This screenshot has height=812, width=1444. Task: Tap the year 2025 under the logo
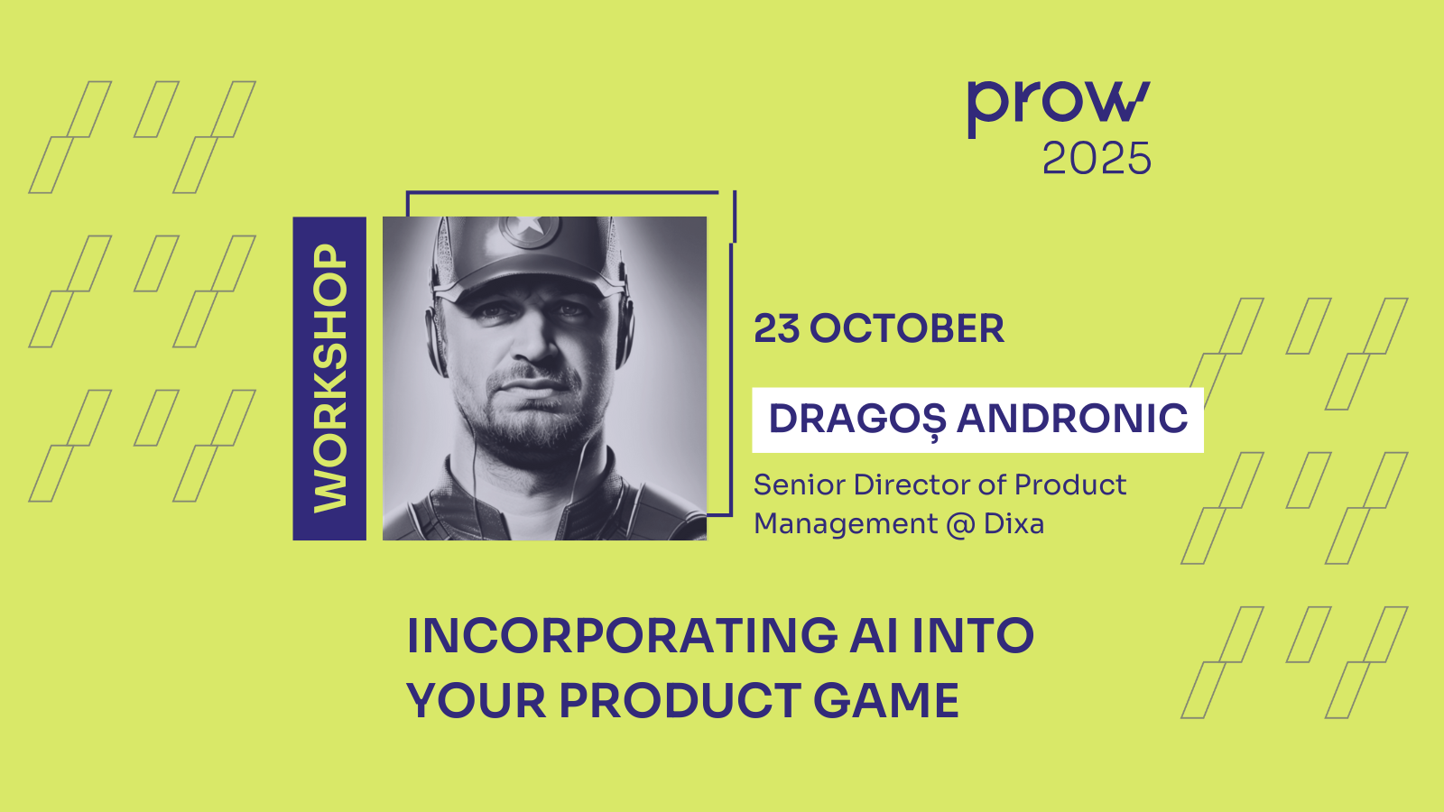[1097, 159]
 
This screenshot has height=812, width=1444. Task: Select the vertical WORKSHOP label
[330, 378]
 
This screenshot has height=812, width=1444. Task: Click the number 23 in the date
[777, 328]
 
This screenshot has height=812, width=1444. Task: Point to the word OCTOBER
[906, 328]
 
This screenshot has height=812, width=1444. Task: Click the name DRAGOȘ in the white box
[857, 420]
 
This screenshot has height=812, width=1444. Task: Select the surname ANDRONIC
[1072, 419]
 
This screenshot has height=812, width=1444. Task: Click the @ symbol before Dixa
[960, 524]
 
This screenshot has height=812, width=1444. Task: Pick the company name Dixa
[1014, 523]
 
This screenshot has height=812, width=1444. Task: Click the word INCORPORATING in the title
[622, 636]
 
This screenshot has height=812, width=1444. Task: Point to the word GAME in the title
[886, 700]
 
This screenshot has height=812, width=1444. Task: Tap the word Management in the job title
[846, 524]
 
